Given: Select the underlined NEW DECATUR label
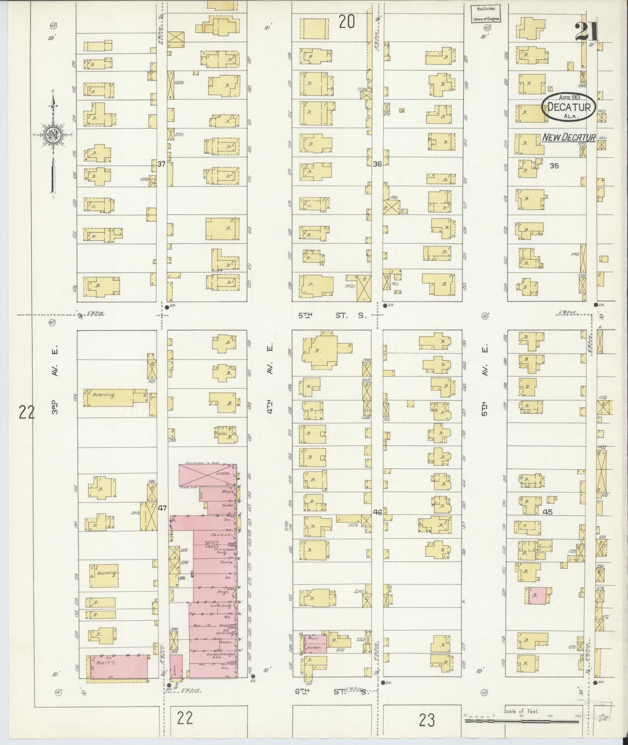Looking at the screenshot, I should pos(568,137).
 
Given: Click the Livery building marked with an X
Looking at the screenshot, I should pos(208,476).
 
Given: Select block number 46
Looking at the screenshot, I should pos(377,512).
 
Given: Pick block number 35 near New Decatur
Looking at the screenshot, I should pos(554,165).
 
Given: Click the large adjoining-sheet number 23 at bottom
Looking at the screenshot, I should pos(427,720).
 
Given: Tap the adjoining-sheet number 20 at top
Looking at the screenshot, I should pos(347,22).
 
